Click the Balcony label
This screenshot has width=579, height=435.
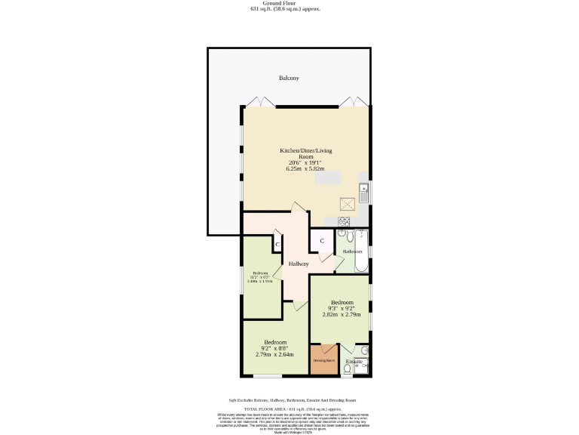pyautogui.click(x=289, y=79)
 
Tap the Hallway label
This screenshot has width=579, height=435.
pyautogui.click(x=299, y=264)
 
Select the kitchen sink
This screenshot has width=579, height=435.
pyautogui.click(x=363, y=193)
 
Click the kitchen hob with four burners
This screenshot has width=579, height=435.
pyautogui.click(x=345, y=221)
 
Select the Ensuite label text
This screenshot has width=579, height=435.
pyautogui.click(x=354, y=362)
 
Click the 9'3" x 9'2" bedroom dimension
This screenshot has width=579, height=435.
pyautogui.click(x=341, y=308)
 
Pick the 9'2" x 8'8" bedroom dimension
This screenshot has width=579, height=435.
pyautogui.click(x=274, y=348)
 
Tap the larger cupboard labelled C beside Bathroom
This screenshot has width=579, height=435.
pyautogui.click(x=322, y=241)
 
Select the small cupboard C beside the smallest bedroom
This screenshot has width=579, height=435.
pyautogui.click(x=277, y=245)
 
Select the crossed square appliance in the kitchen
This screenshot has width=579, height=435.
pyautogui.click(x=347, y=203)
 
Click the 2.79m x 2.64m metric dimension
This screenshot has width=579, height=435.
pyautogui.click(x=274, y=354)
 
